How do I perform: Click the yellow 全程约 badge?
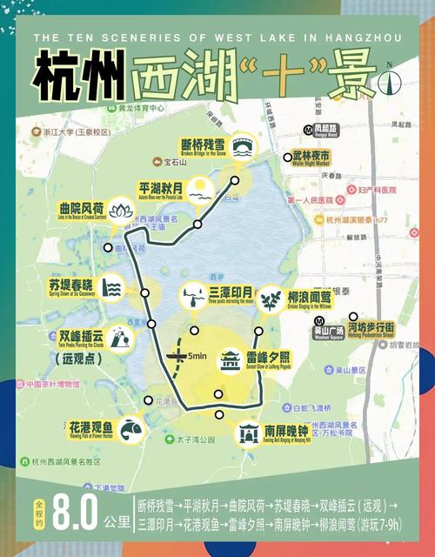(38, 513)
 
